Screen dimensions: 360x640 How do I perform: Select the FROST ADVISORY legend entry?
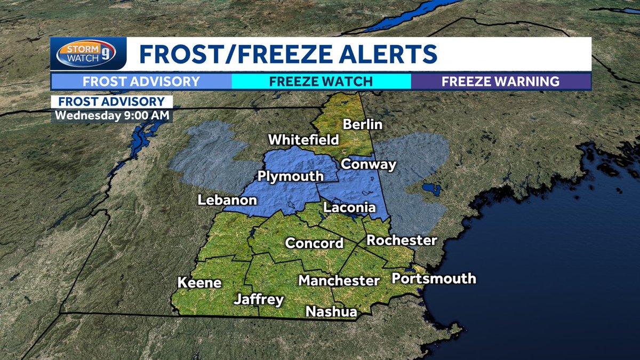tap(141, 82)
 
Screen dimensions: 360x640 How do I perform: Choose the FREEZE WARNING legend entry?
tap(500, 82)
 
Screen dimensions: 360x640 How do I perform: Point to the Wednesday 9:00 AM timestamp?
tap(111, 115)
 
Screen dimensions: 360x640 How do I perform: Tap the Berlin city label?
tap(363, 124)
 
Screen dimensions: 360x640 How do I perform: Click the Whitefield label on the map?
tap(303, 140)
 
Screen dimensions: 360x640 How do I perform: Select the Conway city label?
tap(369, 164)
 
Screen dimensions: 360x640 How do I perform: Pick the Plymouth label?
tap(291, 176)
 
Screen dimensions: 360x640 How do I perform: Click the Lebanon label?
tap(227, 201)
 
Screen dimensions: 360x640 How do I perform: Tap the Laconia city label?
tap(349, 207)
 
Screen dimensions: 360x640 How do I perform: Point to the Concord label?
tap(314, 243)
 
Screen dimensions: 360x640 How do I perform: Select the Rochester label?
tap(402, 240)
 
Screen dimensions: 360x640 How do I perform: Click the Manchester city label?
tap(339, 280)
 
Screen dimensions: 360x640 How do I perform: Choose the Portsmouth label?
tap(434, 278)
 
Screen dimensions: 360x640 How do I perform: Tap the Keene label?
tap(199, 283)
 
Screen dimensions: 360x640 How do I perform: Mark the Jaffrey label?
tap(259, 300)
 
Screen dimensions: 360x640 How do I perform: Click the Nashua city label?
tap(331, 312)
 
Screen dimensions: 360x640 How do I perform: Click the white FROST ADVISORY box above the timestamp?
tap(111, 101)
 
